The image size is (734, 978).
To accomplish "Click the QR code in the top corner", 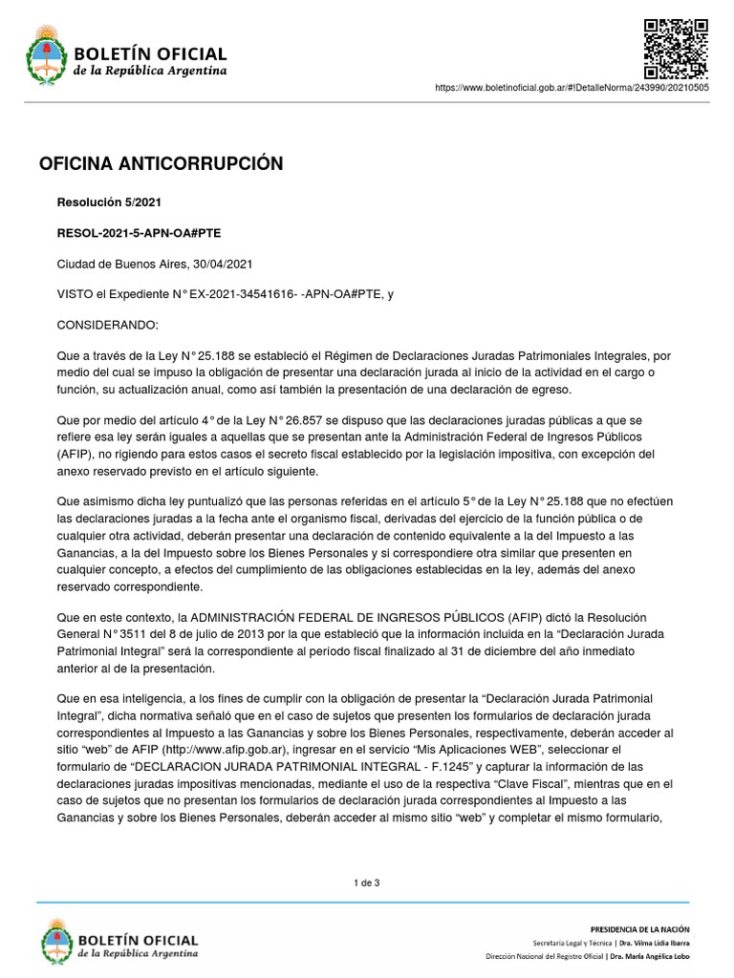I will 675,48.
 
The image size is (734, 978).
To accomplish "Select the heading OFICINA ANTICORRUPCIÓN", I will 161,164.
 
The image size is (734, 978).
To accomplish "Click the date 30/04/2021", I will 223,264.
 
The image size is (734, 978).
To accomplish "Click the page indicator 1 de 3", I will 367,882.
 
